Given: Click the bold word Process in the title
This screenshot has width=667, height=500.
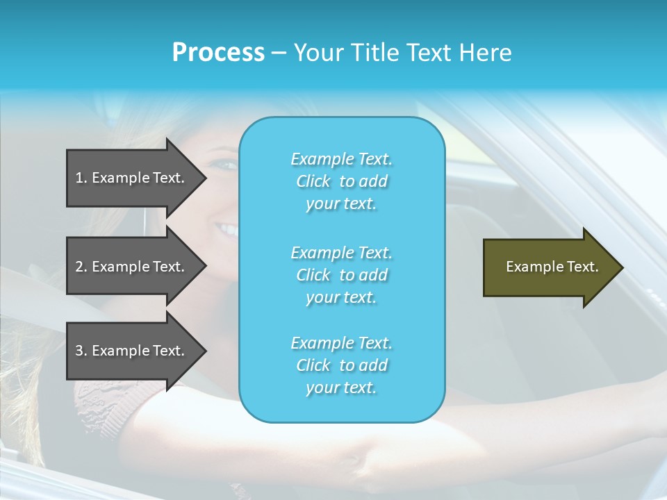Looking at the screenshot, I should [x=218, y=53].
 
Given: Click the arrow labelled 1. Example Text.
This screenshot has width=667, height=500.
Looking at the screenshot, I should [x=135, y=178].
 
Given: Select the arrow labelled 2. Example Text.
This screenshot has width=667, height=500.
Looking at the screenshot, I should [x=135, y=267].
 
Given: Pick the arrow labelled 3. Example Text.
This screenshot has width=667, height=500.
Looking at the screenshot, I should [x=135, y=351].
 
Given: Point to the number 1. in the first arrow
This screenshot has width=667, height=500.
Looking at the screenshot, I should [x=81, y=178].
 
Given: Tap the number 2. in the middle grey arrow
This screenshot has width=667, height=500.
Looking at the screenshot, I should [x=81, y=267].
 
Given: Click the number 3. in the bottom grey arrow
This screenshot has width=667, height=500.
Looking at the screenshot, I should [x=81, y=351].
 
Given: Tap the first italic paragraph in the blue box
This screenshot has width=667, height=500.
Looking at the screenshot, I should [x=341, y=181].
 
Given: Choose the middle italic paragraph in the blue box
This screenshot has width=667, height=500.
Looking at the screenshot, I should [x=341, y=275].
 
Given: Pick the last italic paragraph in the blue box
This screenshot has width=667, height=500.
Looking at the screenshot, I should [x=341, y=365].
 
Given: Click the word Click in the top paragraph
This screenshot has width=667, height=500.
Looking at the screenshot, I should [x=313, y=181].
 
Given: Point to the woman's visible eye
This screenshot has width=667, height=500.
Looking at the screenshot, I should [x=225, y=165].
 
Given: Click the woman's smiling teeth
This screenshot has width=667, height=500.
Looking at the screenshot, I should [x=225, y=228].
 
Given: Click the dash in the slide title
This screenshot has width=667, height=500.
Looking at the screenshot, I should [x=279, y=53].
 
